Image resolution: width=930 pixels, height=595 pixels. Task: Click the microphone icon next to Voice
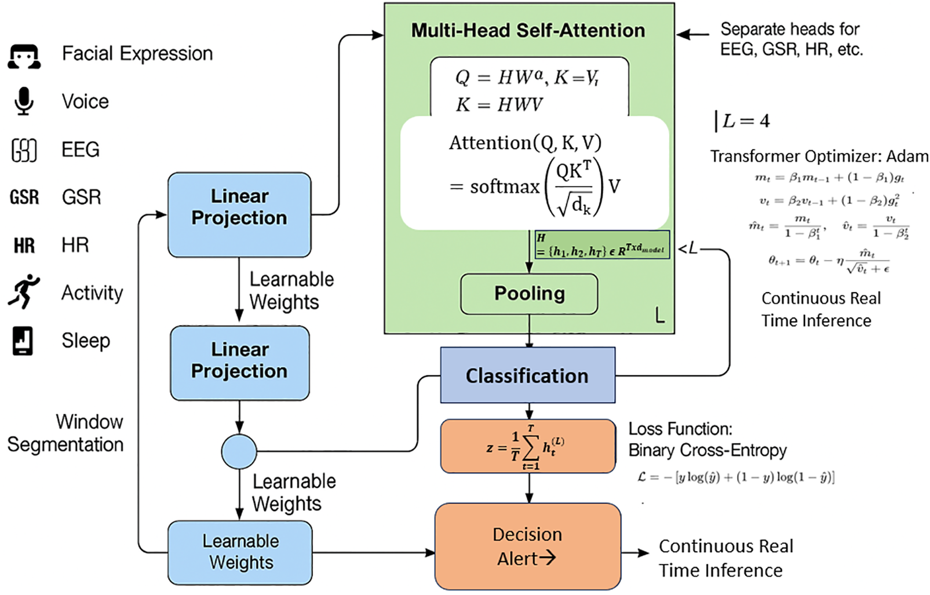click(x=24, y=101)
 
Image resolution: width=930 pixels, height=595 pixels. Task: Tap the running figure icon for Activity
click(x=24, y=291)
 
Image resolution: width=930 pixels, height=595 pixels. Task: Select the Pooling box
click(x=529, y=294)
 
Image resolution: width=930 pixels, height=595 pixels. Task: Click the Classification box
click(x=527, y=375)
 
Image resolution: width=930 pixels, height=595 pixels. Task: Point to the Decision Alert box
click(x=527, y=546)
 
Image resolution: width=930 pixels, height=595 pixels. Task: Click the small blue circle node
click(x=239, y=451)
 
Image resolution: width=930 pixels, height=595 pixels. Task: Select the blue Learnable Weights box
click(x=240, y=552)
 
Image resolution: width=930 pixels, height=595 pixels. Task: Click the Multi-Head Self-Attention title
click(x=528, y=30)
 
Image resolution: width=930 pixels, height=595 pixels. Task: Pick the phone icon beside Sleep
click(x=23, y=341)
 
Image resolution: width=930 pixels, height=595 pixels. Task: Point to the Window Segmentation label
click(x=65, y=433)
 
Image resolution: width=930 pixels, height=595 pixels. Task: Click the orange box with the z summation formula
click(x=527, y=447)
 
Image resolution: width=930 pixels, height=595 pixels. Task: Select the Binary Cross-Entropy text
click(x=707, y=450)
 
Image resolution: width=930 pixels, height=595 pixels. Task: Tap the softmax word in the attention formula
click(x=504, y=187)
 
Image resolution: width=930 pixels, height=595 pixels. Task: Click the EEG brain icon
click(x=24, y=150)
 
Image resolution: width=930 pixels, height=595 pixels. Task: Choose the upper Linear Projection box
click(x=239, y=214)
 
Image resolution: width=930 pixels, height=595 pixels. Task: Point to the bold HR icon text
click(x=24, y=246)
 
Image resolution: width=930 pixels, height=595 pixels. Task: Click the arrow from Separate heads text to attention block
click(x=693, y=34)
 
